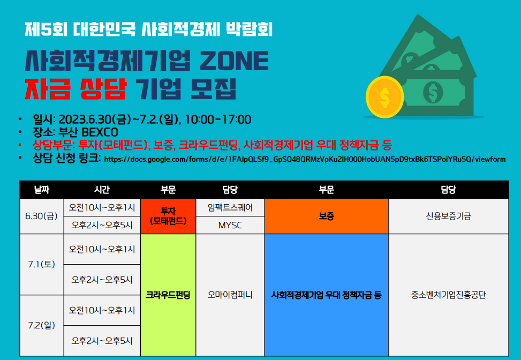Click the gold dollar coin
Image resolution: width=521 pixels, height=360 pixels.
pyautogui.click(x=385, y=97)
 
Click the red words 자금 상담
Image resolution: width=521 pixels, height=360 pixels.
pyautogui.click(x=75, y=89)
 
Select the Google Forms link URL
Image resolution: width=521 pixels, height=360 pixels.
pyautogui.click(x=305, y=159)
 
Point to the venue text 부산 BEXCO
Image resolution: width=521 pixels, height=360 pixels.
pyautogui.click(x=88, y=132)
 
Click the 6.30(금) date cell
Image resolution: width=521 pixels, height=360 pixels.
pyautogui.click(x=42, y=216)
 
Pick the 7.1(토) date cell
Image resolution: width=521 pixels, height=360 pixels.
pyautogui.click(x=42, y=264)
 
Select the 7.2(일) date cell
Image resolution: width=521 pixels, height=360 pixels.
pyautogui.click(x=42, y=325)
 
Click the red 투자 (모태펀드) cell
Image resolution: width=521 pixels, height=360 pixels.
pyautogui.click(x=168, y=216)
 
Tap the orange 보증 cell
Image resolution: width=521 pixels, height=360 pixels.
pyautogui.click(x=326, y=216)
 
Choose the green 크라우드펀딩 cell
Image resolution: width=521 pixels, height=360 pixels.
pyautogui.click(x=168, y=295)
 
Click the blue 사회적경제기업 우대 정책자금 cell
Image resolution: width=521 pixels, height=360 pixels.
pyautogui.click(x=326, y=295)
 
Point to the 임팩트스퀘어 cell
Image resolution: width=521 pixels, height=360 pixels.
pyautogui.click(x=230, y=207)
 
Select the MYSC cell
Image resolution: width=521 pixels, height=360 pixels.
pyautogui.click(x=230, y=225)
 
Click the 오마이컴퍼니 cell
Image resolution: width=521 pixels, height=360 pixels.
pyautogui.click(x=230, y=295)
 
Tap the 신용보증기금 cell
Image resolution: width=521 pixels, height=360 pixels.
pyautogui.click(x=449, y=216)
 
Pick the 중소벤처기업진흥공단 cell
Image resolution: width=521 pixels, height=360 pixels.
pyautogui.click(x=449, y=295)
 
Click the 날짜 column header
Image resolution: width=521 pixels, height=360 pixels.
pyautogui.click(x=42, y=190)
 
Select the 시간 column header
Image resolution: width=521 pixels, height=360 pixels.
pyautogui.click(x=102, y=190)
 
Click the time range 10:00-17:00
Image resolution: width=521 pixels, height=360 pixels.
pyautogui.click(x=218, y=119)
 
